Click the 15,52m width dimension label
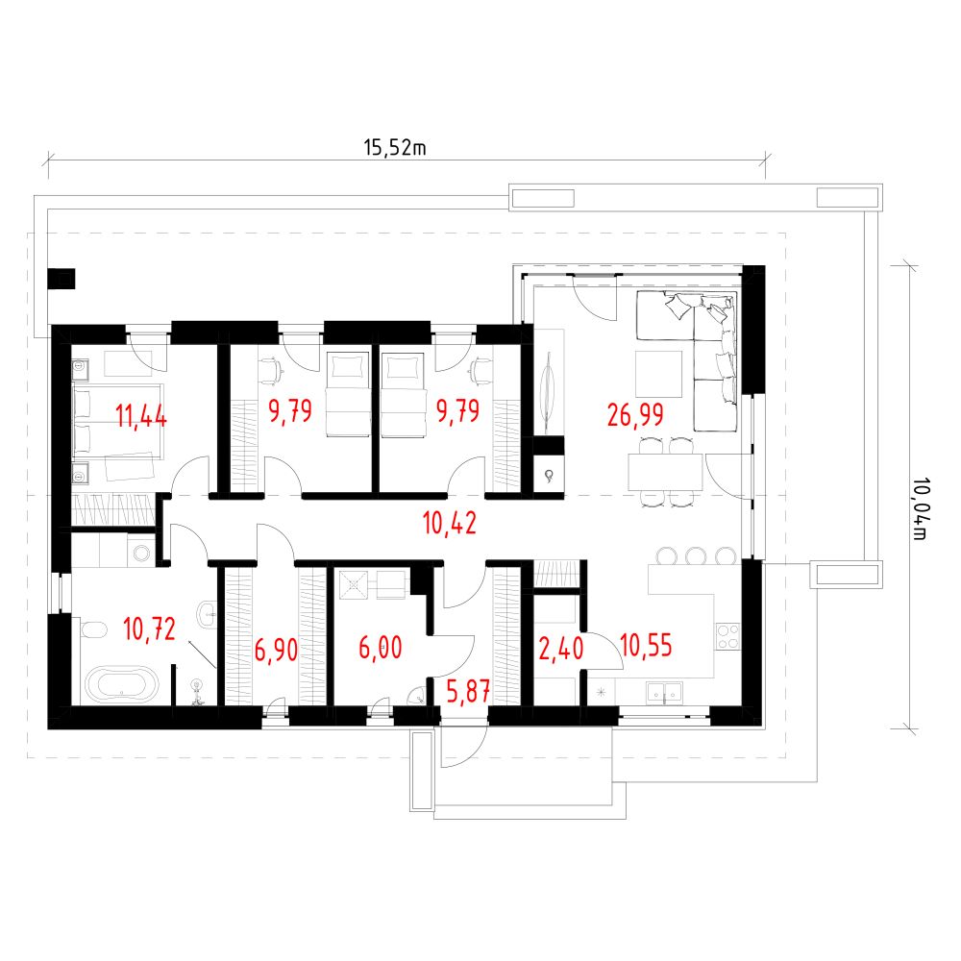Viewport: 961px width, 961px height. point(395,148)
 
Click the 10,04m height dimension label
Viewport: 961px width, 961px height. point(920,508)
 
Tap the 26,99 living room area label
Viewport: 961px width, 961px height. point(635,415)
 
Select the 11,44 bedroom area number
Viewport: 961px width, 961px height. point(141,416)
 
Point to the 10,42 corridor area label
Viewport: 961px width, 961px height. point(449,524)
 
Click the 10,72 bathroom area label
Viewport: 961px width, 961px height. point(149,628)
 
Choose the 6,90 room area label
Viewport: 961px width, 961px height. point(277,650)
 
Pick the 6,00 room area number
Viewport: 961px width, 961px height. point(380,647)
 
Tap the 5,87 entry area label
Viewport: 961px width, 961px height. point(468,691)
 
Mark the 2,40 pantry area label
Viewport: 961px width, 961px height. point(561,649)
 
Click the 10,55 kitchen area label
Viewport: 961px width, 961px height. point(646,646)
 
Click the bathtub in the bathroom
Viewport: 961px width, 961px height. point(121,683)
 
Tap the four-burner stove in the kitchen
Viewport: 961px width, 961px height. point(727,636)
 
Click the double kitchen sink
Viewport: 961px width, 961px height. point(664,692)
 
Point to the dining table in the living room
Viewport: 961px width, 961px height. point(665,472)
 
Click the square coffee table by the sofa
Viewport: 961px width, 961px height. point(659,374)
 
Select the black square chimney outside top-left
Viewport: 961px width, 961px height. point(62,279)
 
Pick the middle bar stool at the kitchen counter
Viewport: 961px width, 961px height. point(696,555)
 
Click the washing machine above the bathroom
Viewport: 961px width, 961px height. point(142,553)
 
